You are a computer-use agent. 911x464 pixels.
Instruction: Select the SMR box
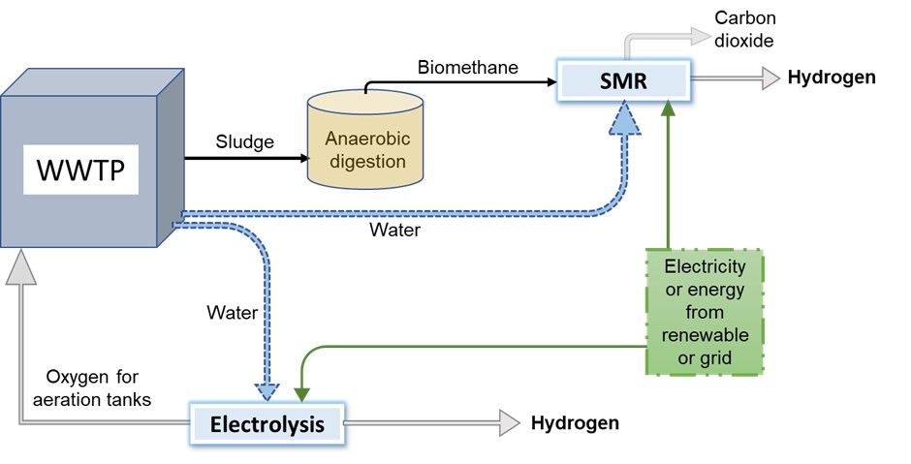(623, 78)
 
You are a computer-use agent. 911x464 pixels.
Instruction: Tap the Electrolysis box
(267, 424)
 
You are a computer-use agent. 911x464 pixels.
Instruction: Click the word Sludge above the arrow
(244, 141)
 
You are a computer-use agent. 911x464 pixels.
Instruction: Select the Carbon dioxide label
(744, 30)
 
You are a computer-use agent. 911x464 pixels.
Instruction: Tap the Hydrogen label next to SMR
(831, 77)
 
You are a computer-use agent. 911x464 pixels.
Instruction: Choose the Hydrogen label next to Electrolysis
(575, 423)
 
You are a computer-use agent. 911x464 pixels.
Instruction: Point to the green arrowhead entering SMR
(667, 108)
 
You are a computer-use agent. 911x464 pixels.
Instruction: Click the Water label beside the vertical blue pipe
(232, 313)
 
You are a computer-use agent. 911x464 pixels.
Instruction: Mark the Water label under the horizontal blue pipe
(394, 231)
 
